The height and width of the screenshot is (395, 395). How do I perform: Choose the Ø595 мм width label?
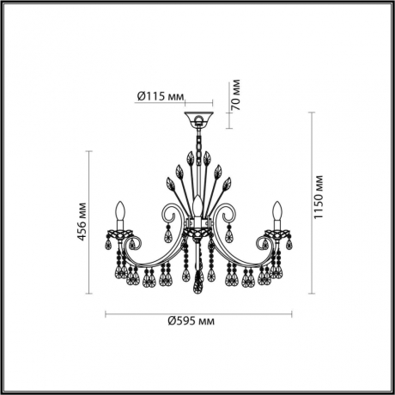coord(191,321)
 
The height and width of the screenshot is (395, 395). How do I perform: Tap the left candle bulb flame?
coord(122,210)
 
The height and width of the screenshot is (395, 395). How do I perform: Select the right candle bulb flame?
coord(276,210)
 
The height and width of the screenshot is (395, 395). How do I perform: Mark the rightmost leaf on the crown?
coord(228,183)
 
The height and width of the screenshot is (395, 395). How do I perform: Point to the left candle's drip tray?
coord(122,230)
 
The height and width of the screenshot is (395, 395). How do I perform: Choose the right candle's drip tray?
coord(276,230)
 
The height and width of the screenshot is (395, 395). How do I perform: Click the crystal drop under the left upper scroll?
coord(169,234)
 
